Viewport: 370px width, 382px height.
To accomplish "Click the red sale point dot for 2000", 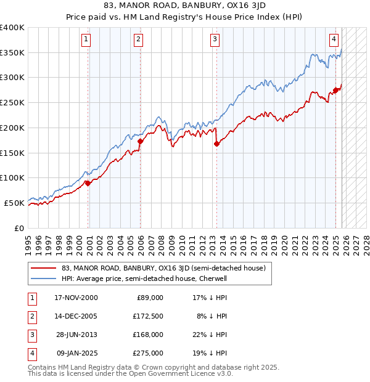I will tap(88, 183).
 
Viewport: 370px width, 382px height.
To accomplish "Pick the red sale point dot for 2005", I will tap(140, 141).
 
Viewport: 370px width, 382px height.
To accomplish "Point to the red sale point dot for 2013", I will tap(216, 144).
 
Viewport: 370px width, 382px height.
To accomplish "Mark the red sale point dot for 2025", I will tap(335, 90).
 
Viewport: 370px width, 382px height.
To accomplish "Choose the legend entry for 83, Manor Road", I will tap(163, 268).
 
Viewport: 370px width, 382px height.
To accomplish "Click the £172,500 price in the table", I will tap(148, 315).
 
